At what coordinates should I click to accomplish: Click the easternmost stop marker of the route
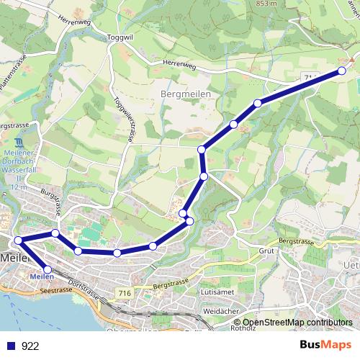click(x=342, y=71)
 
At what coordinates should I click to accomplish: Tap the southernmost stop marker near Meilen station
click(x=48, y=269)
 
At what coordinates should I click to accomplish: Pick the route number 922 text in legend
click(x=30, y=346)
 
